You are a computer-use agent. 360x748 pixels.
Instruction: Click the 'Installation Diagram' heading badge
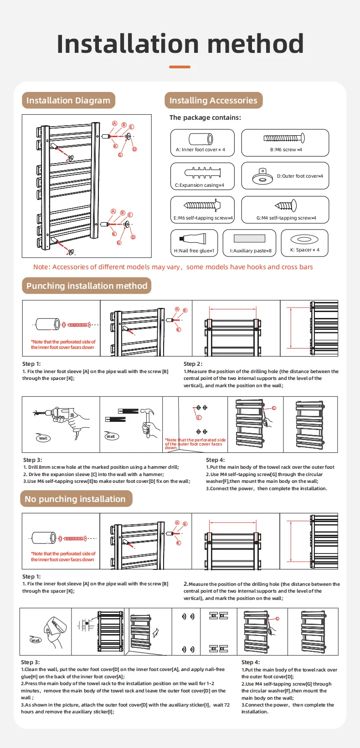(x=68, y=101)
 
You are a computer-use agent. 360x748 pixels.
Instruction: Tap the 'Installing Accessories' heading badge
(x=213, y=101)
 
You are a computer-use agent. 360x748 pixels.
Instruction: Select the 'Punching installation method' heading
(x=87, y=286)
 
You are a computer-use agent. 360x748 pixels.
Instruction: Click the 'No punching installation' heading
(x=75, y=499)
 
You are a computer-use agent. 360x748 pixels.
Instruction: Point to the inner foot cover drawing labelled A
(x=201, y=139)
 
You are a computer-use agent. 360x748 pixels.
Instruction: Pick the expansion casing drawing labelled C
(x=202, y=173)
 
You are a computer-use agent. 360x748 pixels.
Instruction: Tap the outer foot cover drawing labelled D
(x=263, y=176)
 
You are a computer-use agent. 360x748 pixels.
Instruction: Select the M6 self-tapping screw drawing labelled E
(x=202, y=205)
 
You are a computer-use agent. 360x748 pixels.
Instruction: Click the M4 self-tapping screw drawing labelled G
(x=286, y=206)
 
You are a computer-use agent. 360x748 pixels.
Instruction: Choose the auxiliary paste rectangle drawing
(x=249, y=238)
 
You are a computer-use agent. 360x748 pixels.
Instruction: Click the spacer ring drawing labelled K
(x=301, y=239)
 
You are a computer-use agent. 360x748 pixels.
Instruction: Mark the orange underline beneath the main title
(x=180, y=67)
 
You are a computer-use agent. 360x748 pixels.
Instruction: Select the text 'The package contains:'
(x=205, y=118)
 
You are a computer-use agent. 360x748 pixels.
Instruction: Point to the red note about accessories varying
(x=173, y=267)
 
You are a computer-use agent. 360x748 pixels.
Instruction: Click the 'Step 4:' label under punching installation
(x=215, y=460)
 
